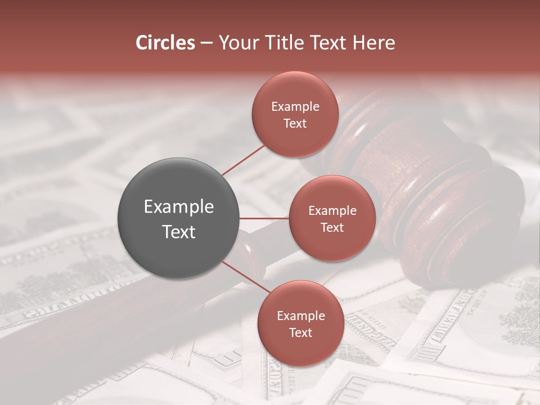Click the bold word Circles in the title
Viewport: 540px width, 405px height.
[165, 43]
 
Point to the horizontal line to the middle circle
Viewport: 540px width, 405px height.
[264, 218]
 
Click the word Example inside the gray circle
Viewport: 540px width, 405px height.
[179, 207]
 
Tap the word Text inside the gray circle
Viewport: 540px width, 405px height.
[179, 232]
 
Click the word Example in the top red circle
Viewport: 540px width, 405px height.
[295, 107]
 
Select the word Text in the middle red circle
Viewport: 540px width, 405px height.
[332, 228]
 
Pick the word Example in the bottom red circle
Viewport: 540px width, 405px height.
[300, 316]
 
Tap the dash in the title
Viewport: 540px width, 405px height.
[206, 43]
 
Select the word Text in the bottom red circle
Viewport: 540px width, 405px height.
[300, 333]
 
